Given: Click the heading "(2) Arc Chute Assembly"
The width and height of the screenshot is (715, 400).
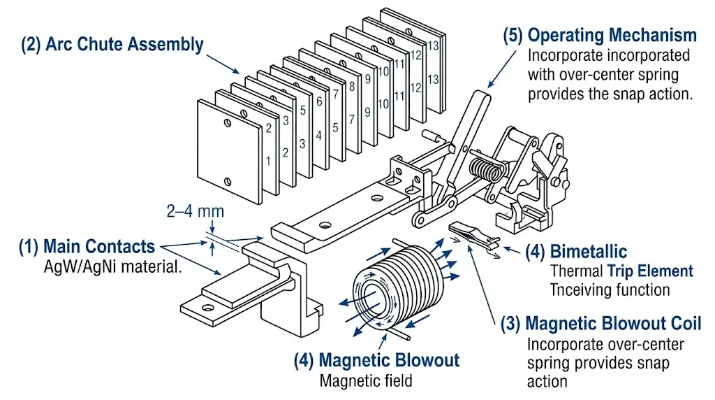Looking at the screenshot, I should tap(112, 45).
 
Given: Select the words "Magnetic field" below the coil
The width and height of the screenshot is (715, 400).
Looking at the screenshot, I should tap(366, 381).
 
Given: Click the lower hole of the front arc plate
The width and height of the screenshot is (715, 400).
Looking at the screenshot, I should tap(227, 182).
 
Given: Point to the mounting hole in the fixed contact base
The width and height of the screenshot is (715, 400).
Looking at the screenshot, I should tap(205, 306).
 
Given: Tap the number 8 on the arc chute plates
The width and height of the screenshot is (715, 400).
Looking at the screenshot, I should tap(351, 86).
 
